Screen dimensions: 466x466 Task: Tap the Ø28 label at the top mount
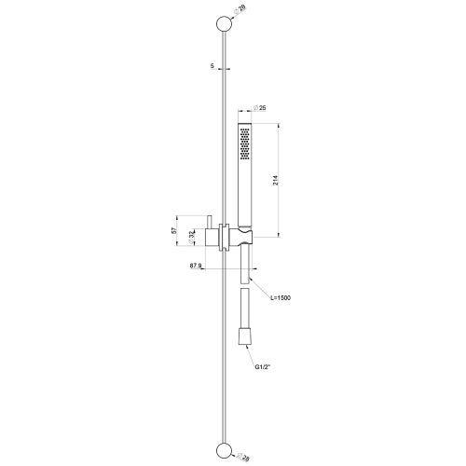242,9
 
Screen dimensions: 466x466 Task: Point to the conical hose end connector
247,336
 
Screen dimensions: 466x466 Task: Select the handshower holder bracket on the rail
244,237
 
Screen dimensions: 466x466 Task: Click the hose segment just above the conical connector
247,312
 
